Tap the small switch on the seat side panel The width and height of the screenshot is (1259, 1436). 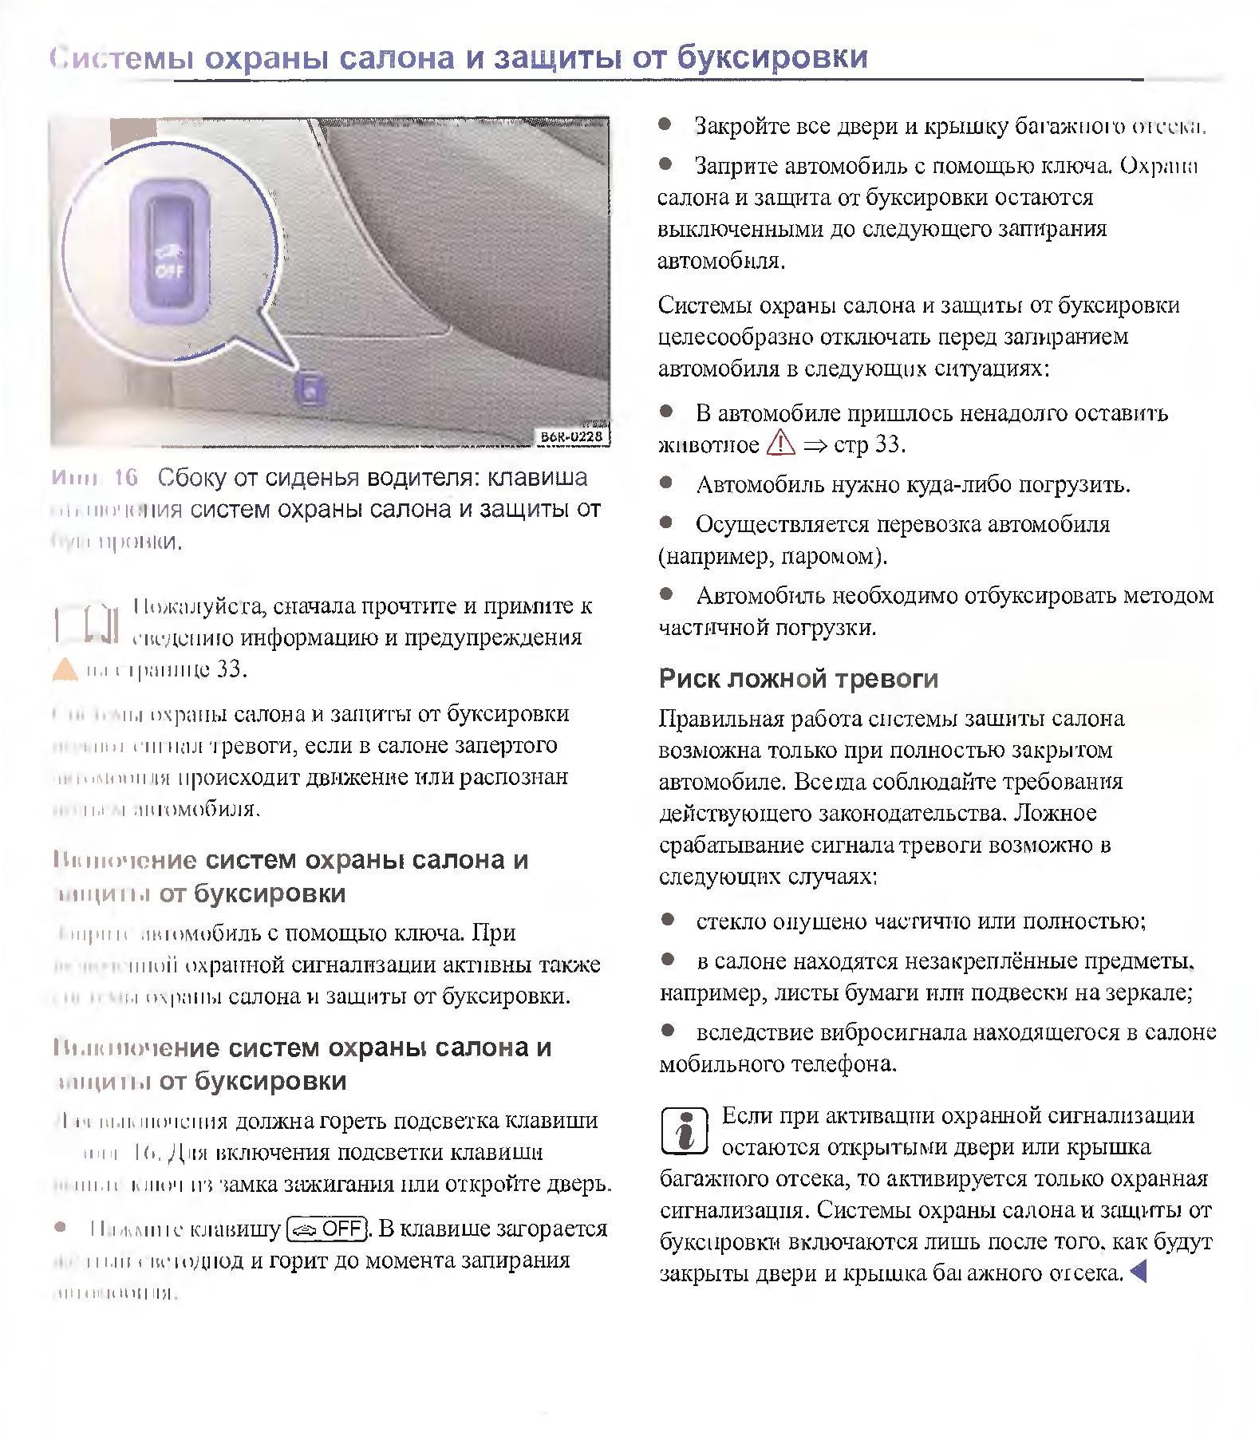tap(310, 389)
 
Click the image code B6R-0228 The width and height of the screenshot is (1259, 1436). tap(571, 436)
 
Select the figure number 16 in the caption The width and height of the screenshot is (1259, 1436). tap(125, 478)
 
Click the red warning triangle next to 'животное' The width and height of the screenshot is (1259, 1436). tap(781, 443)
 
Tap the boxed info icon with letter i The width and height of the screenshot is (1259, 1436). tap(685, 1130)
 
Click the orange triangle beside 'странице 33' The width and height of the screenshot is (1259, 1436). tap(65, 669)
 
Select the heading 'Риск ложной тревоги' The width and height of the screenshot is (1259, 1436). tap(798, 679)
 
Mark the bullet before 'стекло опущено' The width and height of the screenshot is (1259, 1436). tap(668, 921)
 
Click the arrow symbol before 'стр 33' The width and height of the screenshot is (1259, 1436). tap(815, 444)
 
